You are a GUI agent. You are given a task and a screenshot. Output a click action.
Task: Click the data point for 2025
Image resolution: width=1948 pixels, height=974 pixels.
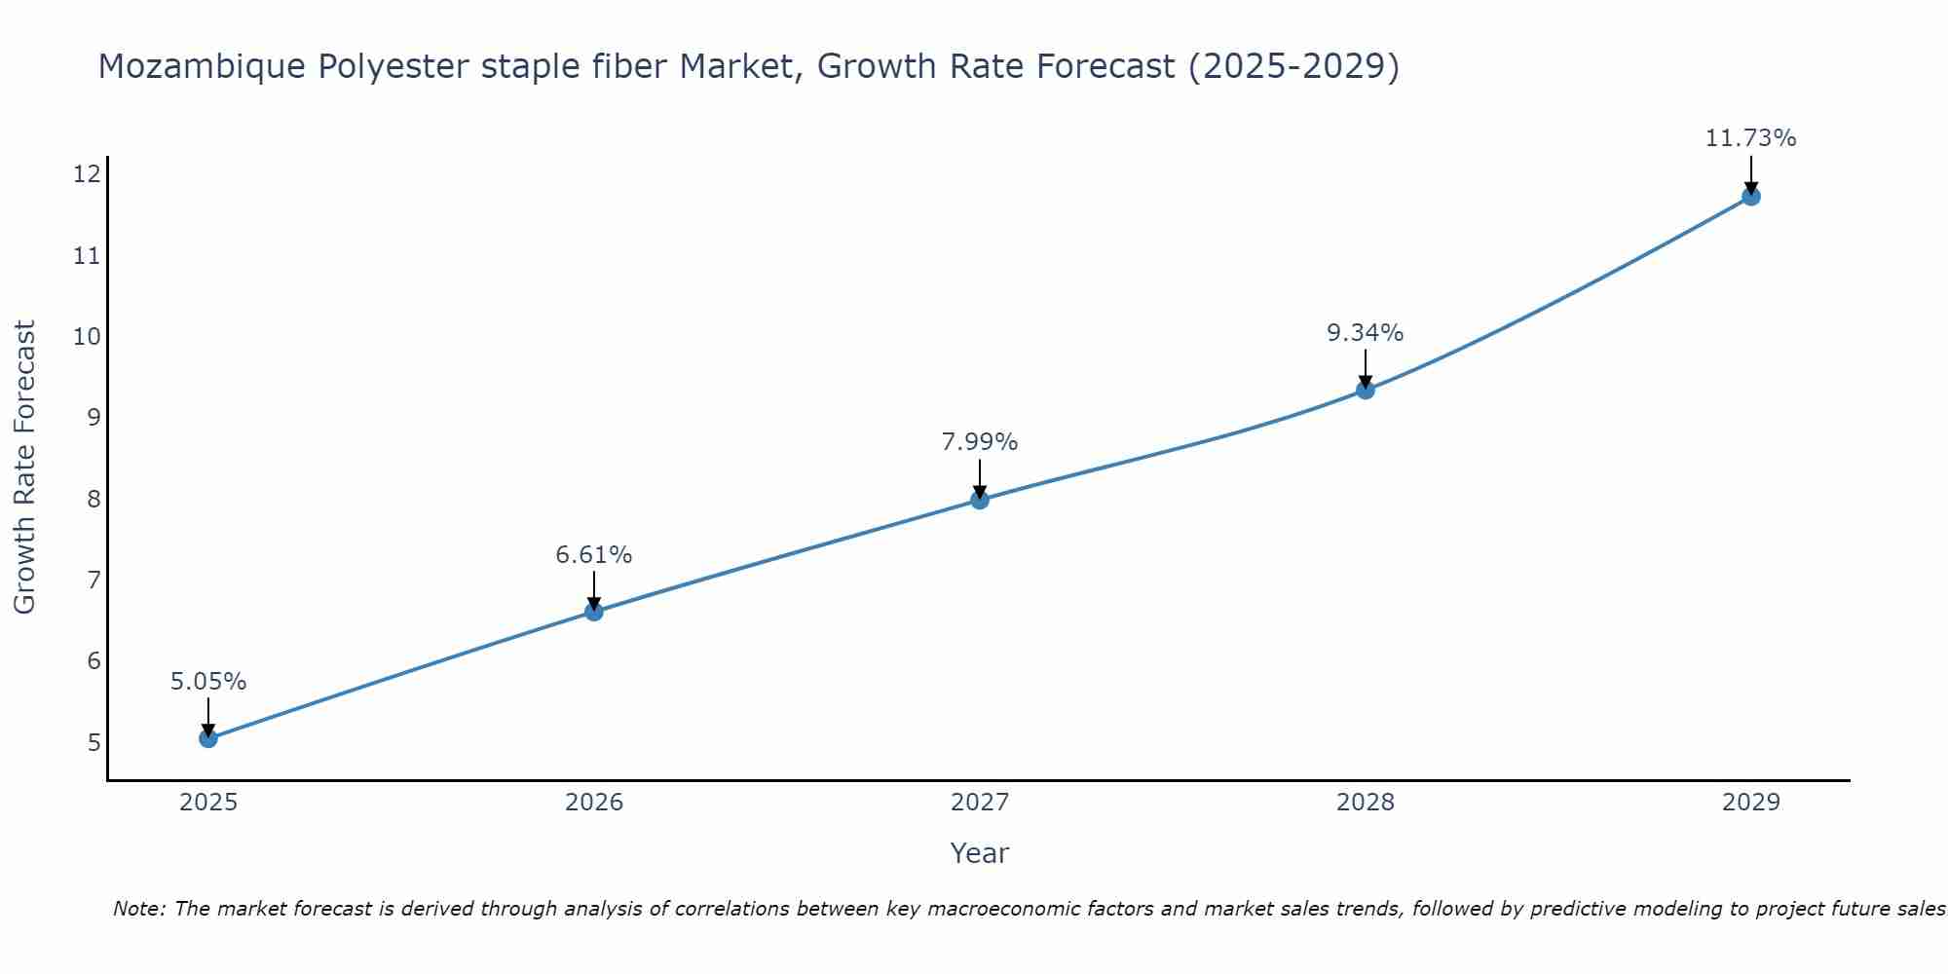pyautogui.click(x=208, y=738)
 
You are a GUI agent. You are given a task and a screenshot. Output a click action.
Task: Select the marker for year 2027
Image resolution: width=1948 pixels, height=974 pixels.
pyautogui.click(x=980, y=500)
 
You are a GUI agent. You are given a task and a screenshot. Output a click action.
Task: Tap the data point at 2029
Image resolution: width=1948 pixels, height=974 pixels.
pyautogui.click(x=1750, y=196)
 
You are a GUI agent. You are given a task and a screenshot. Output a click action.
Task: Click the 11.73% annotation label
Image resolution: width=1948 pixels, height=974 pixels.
pyautogui.click(x=1750, y=138)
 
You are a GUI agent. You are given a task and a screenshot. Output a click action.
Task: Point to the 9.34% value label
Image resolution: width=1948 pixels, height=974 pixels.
pyautogui.click(x=1365, y=333)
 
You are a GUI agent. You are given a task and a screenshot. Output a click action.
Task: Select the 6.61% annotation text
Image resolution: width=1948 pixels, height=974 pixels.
pyautogui.click(x=593, y=555)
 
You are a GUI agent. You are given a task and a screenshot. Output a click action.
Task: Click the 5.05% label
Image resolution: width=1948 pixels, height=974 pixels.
pyautogui.click(x=208, y=682)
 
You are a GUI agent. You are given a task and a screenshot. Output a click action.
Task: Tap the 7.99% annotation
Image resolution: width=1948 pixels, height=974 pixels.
pyautogui.click(x=979, y=442)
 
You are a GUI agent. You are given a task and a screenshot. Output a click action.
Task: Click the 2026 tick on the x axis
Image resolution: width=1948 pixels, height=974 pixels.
pyautogui.click(x=594, y=803)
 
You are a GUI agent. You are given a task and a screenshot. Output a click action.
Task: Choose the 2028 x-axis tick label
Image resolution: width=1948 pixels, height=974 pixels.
pyautogui.click(x=1365, y=803)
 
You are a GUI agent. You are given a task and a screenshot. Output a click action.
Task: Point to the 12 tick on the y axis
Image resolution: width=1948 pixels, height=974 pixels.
pyautogui.click(x=87, y=174)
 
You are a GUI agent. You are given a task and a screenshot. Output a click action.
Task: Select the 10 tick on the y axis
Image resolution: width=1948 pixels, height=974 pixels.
pyautogui.click(x=87, y=337)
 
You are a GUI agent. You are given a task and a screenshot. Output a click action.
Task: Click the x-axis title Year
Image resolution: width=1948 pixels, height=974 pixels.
pyautogui.click(x=979, y=853)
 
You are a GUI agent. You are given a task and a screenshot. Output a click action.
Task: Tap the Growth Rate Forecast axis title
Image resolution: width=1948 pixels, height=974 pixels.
pyautogui.click(x=25, y=468)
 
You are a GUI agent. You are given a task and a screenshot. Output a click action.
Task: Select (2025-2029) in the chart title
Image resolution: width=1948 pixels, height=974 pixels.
pyautogui.click(x=1293, y=66)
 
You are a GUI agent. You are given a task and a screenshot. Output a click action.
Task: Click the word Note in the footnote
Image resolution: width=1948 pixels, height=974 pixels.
pyautogui.click(x=138, y=909)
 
